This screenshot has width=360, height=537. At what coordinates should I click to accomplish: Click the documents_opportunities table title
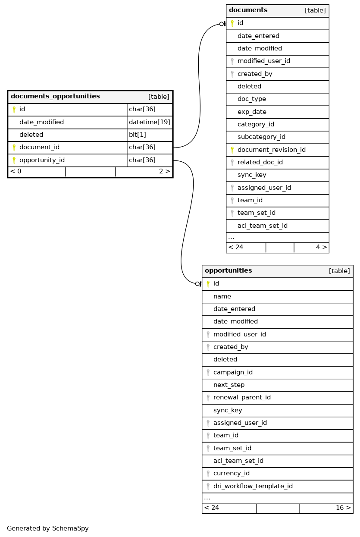[x=55, y=97]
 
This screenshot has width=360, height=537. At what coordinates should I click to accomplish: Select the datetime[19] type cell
[x=150, y=122]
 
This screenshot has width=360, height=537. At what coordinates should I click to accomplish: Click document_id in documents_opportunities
[x=39, y=148]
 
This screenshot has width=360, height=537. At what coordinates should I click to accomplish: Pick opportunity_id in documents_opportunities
[x=42, y=160]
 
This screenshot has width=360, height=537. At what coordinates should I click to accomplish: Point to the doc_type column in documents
[x=251, y=99]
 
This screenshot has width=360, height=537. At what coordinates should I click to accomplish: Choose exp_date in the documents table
[x=252, y=112]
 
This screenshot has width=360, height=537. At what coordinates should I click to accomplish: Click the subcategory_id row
[x=261, y=137]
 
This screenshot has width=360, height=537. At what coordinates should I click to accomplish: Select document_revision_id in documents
[x=271, y=150]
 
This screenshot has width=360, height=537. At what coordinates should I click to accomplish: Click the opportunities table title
[x=229, y=271]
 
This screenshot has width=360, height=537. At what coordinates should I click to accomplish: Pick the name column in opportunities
[x=222, y=296]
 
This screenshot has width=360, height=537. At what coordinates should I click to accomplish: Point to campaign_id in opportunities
[x=233, y=372]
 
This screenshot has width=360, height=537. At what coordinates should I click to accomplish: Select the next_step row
[x=229, y=385]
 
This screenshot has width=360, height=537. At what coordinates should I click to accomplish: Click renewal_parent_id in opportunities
[x=242, y=397]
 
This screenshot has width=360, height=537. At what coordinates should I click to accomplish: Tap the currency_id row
[x=231, y=473]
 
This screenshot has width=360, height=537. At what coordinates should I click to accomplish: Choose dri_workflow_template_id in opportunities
[x=253, y=486]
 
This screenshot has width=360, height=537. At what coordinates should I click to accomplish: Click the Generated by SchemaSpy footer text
[x=48, y=528]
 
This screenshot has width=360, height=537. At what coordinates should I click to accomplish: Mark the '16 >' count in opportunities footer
[x=343, y=508]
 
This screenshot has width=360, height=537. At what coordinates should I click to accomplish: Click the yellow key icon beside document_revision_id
[x=232, y=150]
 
